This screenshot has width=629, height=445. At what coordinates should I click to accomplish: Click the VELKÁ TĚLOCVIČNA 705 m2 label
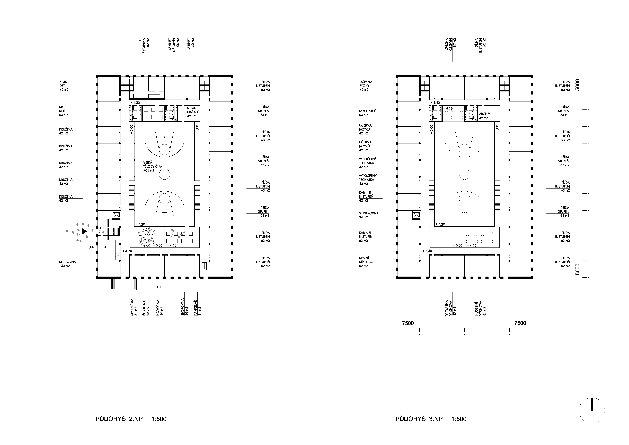pos(153,166)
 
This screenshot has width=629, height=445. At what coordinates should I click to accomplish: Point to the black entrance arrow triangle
pos(84,232)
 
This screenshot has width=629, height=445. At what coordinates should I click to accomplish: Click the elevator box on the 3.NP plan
pos(416,215)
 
